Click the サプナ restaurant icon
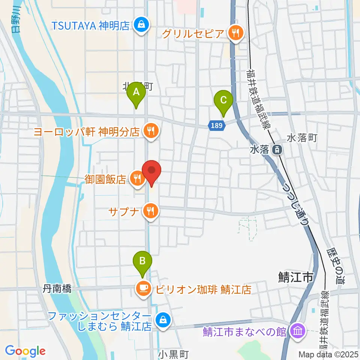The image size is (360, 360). [x=151, y=211]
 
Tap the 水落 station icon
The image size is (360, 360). [x=277, y=150]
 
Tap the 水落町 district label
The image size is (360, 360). [x=302, y=138]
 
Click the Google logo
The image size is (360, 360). [x=25, y=351]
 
